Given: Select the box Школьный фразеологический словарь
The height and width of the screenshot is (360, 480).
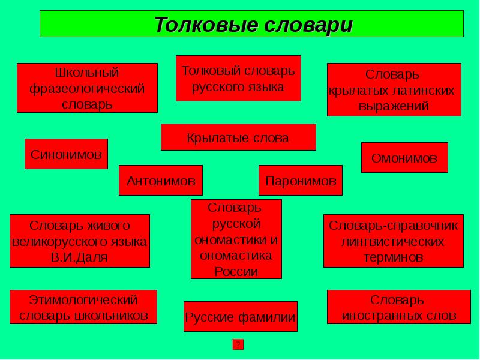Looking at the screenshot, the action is (x=87, y=88).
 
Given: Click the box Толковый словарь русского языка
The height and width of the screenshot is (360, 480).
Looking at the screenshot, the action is (x=238, y=79).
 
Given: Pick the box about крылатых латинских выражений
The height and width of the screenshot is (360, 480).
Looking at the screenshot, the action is (x=394, y=90).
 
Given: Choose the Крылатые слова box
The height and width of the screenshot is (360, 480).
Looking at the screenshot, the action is (x=238, y=137).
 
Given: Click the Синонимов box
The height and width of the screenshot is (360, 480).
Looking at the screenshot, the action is (x=66, y=154).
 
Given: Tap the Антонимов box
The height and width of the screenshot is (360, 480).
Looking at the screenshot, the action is (x=161, y=180).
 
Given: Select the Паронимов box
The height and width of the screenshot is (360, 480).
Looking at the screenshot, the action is (x=300, y=181).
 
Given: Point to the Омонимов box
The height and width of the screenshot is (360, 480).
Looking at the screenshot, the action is (x=404, y=158).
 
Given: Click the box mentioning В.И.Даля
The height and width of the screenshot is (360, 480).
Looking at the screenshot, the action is (x=80, y=241).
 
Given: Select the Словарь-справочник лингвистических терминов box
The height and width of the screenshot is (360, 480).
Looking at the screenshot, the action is (x=393, y=241).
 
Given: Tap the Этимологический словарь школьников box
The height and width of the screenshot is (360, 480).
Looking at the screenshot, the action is (x=83, y=307).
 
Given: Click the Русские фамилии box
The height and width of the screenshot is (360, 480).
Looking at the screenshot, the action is (x=240, y=317).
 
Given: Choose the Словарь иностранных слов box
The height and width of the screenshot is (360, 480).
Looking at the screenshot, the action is (x=394, y=307).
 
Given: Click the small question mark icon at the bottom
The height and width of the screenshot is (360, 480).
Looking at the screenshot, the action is (x=238, y=344).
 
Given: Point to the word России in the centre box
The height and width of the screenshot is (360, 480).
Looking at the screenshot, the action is (x=236, y=271).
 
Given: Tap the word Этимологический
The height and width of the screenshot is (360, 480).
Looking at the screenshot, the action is (x=83, y=299).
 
